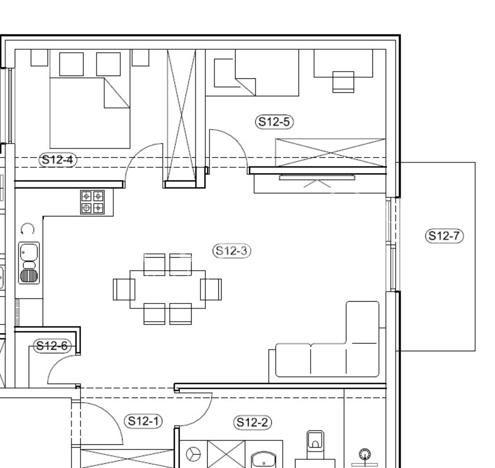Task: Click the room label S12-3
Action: point(232,250)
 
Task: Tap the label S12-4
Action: point(58,160)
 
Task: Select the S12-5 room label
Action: point(274,121)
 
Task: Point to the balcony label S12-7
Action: point(444,236)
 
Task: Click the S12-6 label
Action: point(52,346)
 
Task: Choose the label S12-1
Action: point(143,421)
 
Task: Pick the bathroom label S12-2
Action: point(252,422)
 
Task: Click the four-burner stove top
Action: point(92,202)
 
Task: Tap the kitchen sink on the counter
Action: point(29,263)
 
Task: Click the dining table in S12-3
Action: point(167,289)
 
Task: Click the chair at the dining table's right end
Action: point(211,289)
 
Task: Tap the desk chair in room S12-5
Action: point(343,82)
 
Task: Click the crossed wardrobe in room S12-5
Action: point(330,153)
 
